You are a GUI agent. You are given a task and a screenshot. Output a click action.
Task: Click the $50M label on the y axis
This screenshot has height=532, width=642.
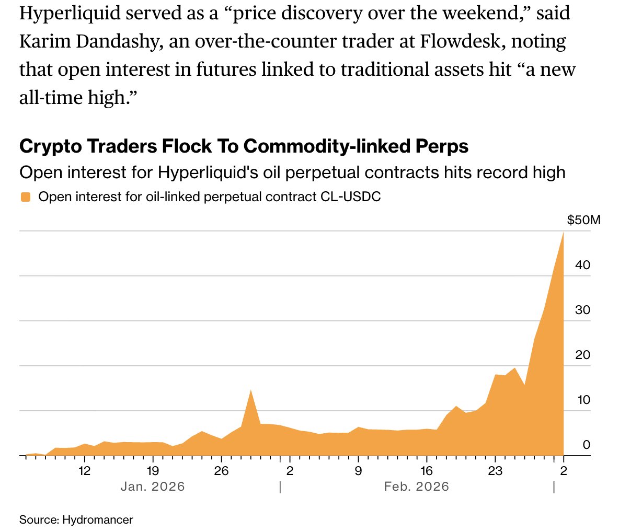click(583, 220)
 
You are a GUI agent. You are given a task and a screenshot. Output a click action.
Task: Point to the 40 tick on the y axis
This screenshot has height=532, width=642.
click(582, 265)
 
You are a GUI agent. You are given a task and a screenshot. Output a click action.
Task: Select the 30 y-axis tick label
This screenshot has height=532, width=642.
click(582, 310)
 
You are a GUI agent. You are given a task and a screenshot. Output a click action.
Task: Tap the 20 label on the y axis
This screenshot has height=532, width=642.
click(582, 355)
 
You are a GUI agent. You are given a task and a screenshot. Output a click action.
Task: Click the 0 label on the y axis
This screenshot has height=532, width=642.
click(586, 445)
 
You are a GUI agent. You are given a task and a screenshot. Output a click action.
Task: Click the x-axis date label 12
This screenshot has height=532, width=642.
click(85, 471)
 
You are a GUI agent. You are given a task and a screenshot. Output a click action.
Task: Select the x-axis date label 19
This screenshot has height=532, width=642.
click(153, 471)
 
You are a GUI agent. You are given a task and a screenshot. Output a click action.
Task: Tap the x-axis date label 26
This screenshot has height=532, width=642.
click(221, 471)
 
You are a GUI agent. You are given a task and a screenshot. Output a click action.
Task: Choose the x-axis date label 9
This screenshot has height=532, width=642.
click(358, 471)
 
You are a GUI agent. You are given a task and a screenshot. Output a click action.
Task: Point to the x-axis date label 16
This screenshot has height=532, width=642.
click(427, 471)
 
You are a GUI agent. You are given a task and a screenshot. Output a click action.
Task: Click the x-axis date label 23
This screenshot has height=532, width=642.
click(495, 471)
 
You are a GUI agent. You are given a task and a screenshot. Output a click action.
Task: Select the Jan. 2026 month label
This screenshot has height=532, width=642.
click(153, 487)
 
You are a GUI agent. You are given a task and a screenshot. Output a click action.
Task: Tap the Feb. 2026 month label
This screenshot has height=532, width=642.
click(416, 487)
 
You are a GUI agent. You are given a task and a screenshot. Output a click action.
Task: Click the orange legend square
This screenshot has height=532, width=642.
click(25, 197)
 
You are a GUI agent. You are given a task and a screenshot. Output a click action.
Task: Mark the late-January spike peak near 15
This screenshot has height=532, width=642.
click(251, 390)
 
